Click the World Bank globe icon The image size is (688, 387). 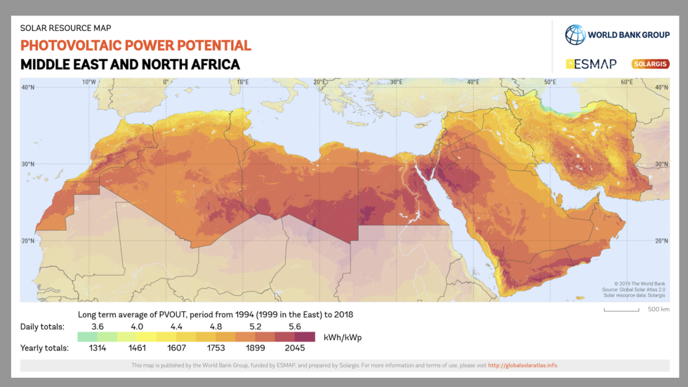[575, 35]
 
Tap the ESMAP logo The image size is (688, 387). [591, 64]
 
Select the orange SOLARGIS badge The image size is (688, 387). [650, 64]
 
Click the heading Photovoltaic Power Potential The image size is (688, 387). [135, 46]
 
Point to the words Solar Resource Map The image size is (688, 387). [65, 28]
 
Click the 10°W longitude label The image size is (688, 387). [89, 81]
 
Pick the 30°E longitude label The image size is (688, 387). [396, 81]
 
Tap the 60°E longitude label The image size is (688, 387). [626, 81]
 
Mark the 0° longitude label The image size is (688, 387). [166, 81]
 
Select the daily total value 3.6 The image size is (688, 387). [97, 326]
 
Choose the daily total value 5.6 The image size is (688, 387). [294, 326]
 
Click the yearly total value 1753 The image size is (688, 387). [216, 348]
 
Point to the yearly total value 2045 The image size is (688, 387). [294, 348]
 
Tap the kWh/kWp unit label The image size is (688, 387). [343, 337]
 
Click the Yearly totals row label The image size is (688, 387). [45, 348]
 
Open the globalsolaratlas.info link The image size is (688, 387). [522, 365]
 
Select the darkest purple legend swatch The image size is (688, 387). [304, 337]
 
